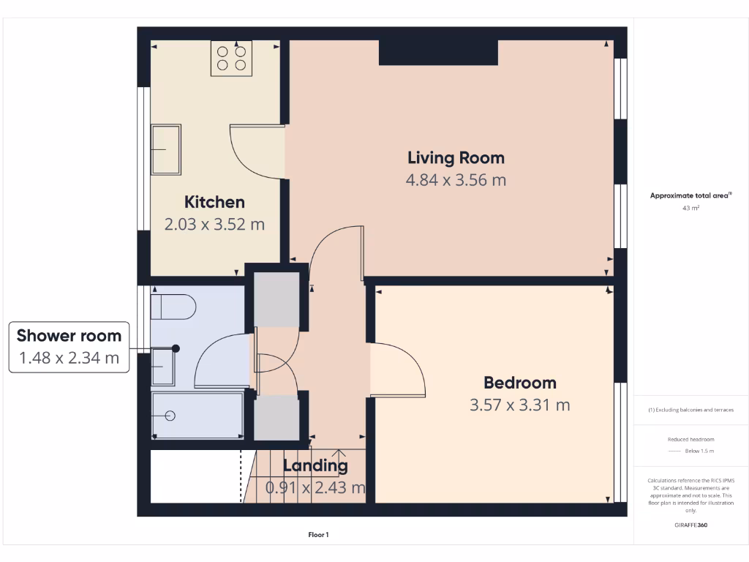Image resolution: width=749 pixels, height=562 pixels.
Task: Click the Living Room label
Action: [x=456, y=157]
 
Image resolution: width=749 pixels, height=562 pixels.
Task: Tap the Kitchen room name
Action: [x=214, y=202]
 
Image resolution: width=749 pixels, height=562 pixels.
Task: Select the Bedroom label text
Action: [x=519, y=383]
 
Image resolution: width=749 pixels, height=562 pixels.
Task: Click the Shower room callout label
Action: [x=69, y=336]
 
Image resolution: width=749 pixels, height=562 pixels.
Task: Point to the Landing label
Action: [x=315, y=465]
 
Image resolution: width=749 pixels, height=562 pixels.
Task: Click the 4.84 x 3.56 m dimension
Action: [x=456, y=180]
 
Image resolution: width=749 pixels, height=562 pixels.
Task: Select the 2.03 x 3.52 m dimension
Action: [x=214, y=224]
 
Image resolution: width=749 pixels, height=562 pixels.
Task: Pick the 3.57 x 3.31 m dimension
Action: [x=519, y=405]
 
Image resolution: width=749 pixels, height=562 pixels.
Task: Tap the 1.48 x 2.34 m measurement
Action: [x=69, y=359]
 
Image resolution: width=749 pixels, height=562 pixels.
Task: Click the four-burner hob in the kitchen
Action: [x=232, y=58]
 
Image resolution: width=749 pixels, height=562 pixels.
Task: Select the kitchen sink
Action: [x=166, y=149]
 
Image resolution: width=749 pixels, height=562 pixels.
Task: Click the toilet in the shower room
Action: [x=173, y=307]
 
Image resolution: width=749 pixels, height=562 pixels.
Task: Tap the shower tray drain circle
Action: [x=170, y=416]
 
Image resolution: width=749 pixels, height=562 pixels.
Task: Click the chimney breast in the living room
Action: [x=438, y=53]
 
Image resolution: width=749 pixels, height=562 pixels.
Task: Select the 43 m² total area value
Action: [x=691, y=209]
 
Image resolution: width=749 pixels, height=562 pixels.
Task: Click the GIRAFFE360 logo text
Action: [x=691, y=525]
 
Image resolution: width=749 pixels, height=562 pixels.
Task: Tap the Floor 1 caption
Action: [x=318, y=535]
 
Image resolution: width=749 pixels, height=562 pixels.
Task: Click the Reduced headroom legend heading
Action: [x=691, y=439]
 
